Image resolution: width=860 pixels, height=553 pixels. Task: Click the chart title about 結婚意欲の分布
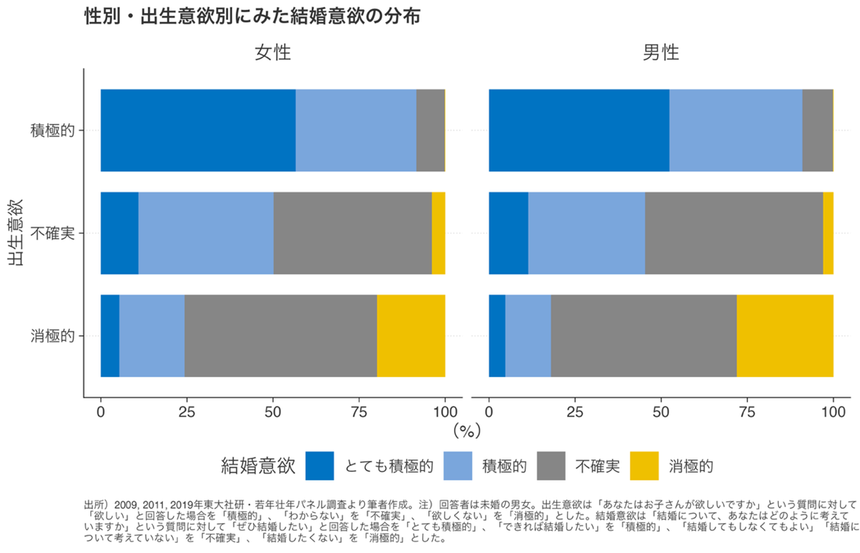tap(252, 16)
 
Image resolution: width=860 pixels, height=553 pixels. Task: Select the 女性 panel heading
tap(272, 53)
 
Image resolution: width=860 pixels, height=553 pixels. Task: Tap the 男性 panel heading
tap(660, 53)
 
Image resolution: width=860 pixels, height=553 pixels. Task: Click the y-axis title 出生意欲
tap(17, 233)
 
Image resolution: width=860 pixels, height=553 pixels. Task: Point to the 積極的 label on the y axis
tap(53, 130)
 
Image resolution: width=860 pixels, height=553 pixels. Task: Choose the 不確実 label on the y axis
tap(53, 233)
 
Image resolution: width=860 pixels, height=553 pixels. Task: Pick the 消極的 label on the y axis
tap(53, 336)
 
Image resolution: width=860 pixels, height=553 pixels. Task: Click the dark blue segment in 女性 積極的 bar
tap(198, 130)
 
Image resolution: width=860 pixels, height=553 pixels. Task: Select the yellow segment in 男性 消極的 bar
tap(784, 336)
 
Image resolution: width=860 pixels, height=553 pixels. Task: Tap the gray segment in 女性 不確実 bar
tap(352, 233)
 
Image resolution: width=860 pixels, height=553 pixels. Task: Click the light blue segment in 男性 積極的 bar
tap(735, 130)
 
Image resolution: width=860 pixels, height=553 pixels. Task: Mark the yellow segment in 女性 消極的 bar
tap(411, 336)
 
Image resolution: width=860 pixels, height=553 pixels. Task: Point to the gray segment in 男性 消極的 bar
tap(643, 336)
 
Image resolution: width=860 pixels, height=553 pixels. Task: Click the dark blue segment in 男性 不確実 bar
tap(508, 233)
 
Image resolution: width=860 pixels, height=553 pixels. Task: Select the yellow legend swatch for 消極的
tap(644, 466)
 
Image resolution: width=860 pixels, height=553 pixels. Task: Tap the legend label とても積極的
tap(388, 466)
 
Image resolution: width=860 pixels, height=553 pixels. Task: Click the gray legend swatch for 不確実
tap(551, 466)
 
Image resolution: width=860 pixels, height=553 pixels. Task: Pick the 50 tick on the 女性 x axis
tap(273, 412)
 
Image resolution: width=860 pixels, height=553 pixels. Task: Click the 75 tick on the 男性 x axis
tap(747, 412)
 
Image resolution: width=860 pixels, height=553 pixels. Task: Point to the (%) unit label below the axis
tap(467, 430)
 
